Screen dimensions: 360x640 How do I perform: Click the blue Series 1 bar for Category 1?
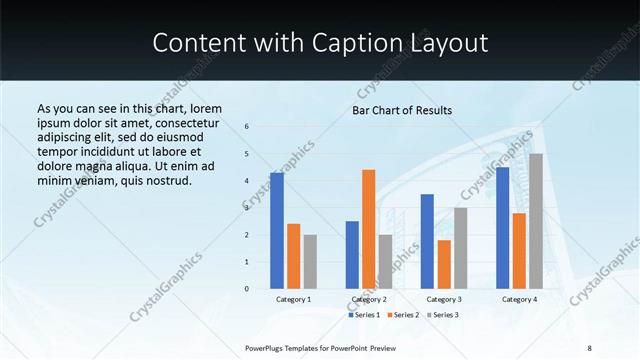coord(277,231)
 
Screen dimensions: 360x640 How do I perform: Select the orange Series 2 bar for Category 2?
coord(369,229)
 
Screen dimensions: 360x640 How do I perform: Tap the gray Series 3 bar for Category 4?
coord(536,221)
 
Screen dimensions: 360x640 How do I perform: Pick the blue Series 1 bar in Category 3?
coord(427,241)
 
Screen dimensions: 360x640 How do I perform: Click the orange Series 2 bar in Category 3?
coord(444,264)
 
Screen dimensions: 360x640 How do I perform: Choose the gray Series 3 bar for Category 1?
coord(310,262)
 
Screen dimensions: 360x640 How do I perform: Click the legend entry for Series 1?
coord(366,315)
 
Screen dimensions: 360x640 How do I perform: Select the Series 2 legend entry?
coord(404,315)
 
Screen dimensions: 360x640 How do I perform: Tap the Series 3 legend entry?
coord(444,315)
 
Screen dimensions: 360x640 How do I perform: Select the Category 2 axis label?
coord(369,299)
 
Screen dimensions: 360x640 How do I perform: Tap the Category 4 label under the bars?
coord(519,299)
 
